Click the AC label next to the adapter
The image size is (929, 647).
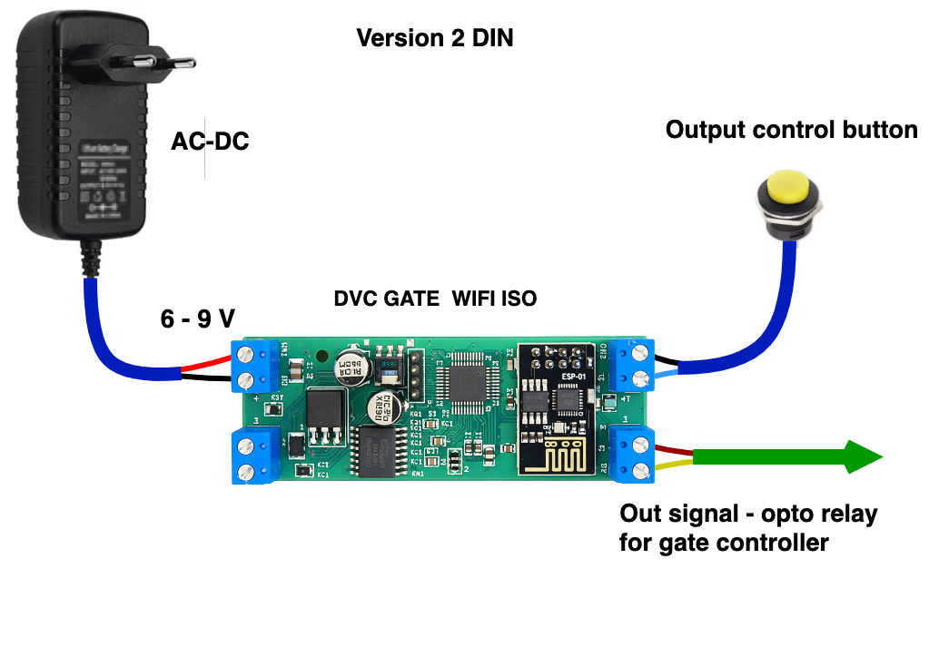coord(187,142)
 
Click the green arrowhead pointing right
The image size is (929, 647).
coord(864,456)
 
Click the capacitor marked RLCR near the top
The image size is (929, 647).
coord(350,365)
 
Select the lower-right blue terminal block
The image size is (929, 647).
coord(632,456)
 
